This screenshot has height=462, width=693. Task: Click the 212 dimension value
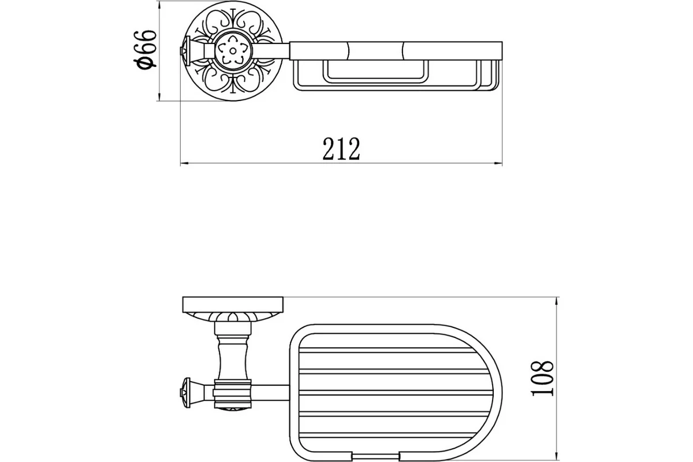pyautogui.click(x=341, y=149)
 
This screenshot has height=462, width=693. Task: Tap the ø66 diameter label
pyautogui.click(x=145, y=50)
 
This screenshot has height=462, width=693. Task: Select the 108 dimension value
pyautogui.click(x=542, y=378)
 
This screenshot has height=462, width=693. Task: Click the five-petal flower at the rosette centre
pyautogui.click(x=233, y=50)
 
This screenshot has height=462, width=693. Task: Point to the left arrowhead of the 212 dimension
pyautogui.click(x=184, y=163)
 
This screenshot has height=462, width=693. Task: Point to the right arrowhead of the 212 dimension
pyautogui.click(x=498, y=163)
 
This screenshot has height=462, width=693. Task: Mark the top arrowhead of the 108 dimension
pyautogui.click(x=557, y=301)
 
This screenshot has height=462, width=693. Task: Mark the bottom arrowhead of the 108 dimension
pyautogui.click(x=557, y=456)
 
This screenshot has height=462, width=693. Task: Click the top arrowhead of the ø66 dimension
pyautogui.click(x=159, y=5)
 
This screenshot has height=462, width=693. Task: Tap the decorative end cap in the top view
pyautogui.click(x=185, y=50)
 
